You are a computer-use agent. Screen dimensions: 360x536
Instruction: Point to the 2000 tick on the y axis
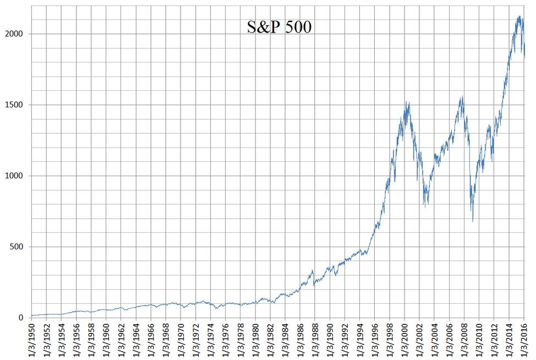point(17,34)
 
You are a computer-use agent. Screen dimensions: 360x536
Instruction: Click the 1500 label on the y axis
point(17,105)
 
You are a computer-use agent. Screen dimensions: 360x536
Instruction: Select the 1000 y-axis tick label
point(17,176)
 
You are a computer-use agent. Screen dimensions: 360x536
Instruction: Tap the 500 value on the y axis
point(19,247)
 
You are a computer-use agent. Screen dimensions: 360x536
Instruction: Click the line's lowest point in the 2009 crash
point(473,221)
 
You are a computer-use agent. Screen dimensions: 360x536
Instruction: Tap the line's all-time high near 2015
point(519,17)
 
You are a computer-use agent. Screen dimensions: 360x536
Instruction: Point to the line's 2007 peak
point(462,97)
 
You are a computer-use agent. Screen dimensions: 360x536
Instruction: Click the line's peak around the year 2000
point(406,102)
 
